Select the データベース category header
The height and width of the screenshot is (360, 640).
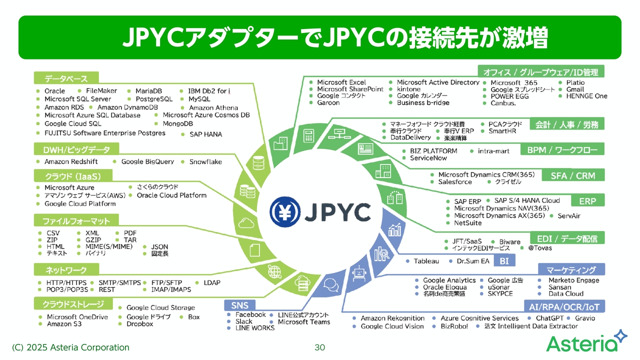coord(66,78)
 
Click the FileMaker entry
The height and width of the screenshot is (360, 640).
coord(101,91)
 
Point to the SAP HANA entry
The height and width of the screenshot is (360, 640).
coord(205,134)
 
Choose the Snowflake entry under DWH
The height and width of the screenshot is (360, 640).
coord(205,161)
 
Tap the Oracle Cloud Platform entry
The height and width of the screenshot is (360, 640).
coord(171,195)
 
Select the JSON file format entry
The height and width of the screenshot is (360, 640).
coord(159,246)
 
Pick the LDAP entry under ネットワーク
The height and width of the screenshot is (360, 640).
coord(212,282)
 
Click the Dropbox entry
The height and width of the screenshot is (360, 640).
coord(140,323)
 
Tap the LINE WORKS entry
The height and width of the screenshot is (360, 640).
coord(255,328)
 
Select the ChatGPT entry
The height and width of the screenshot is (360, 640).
coord(549,318)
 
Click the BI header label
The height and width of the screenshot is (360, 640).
coord(504,261)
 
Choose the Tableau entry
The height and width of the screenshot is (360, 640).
coord(426,261)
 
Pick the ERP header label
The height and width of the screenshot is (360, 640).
coord(587,201)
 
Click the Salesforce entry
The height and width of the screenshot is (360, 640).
coord(455,182)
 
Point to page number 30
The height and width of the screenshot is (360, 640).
coord(320,347)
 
